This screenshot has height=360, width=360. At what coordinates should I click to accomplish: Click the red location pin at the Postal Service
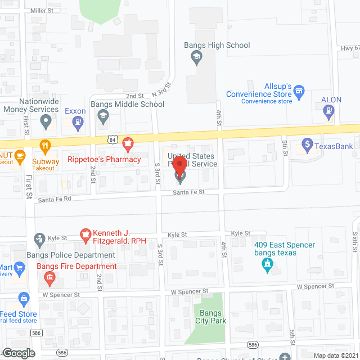[179, 168]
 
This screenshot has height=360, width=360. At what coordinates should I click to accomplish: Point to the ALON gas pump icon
[328, 112]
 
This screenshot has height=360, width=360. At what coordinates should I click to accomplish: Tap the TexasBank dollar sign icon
[307, 146]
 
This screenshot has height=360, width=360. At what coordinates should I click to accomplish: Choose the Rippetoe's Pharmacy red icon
[128, 145]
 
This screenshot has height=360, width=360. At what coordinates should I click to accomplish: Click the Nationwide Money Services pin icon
[47, 120]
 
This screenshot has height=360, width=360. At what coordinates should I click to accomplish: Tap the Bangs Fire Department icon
[49, 277]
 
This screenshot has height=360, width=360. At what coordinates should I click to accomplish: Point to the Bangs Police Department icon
[40, 240]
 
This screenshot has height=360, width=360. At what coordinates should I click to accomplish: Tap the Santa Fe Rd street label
[55, 199]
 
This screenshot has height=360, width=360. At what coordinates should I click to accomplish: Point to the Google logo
[19, 353]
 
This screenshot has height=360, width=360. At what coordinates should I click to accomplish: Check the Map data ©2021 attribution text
[335, 355]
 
